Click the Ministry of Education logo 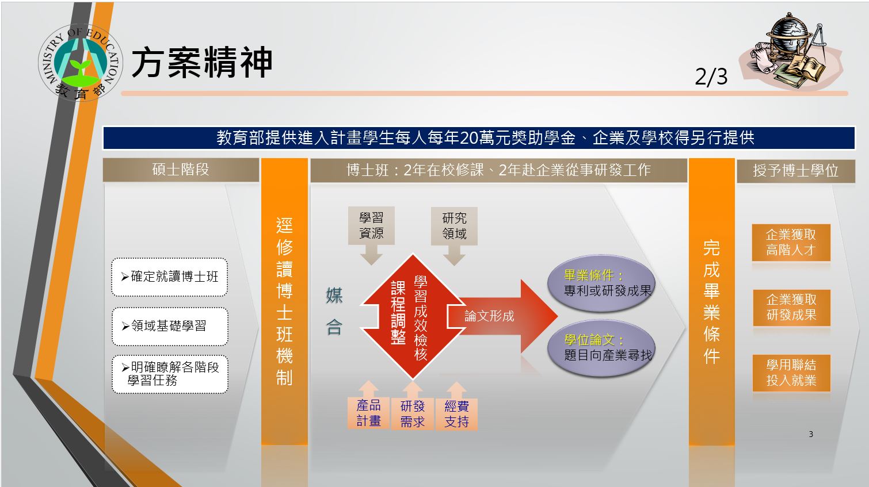coord(81,63)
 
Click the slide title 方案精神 coord(202,62)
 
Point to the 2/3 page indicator coord(711,76)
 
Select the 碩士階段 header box coord(181,170)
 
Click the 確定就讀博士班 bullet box coord(170,277)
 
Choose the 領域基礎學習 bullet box coord(170,326)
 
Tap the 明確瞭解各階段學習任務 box coord(170,374)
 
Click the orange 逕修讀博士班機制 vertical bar coord(284,301)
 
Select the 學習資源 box coord(371,225)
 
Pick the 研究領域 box coord(454,225)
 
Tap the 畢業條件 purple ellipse coord(601,283)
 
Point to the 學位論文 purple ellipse coord(601,348)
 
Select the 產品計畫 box coord(368,413)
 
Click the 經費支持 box coord(456,414)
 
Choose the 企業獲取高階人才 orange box coord(791,242)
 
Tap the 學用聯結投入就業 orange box coord(791,373)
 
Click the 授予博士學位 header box coord(796,171)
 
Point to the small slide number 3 coord(811,434)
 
